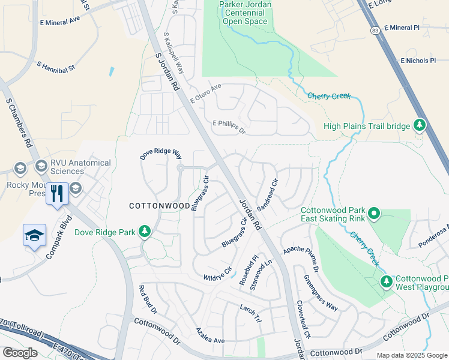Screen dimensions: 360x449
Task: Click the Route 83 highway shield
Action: tap(375, 29)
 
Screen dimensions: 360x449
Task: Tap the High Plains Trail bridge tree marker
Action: tap(420, 125)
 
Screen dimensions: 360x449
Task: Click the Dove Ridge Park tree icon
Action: tap(144, 232)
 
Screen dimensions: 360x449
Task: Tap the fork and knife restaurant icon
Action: tap(57, 193)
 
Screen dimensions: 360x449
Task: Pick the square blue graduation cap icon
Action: tap(34, 235)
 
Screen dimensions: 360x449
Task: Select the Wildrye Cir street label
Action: tap(218, 274)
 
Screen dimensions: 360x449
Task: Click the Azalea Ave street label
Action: tap(210, 336)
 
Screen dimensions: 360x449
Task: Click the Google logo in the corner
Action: tap(20, 352)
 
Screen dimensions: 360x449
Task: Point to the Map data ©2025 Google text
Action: tap(411, 355)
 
